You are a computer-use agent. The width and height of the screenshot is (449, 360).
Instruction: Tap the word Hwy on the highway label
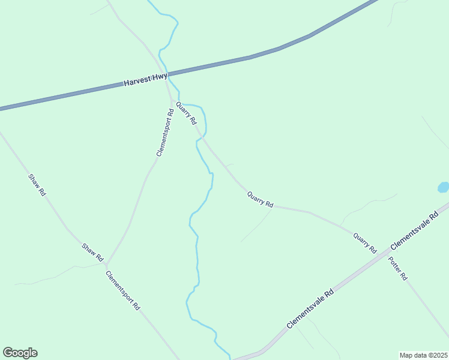point(160,77)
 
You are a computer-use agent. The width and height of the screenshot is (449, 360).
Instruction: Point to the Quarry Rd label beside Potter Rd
point(364,243)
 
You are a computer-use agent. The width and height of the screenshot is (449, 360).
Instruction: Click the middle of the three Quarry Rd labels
point(260,200)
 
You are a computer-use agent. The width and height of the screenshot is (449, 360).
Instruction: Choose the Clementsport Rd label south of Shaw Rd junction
point(122,290)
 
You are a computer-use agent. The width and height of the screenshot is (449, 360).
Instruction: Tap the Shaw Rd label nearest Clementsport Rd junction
point(93,251)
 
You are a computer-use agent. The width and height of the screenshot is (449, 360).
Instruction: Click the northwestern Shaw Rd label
point(37,185)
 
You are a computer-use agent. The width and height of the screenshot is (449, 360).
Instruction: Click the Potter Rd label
point(398,269)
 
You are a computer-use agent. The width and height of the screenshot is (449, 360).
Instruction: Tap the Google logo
point(20,353)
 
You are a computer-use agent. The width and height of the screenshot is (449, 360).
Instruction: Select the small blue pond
point(443,187)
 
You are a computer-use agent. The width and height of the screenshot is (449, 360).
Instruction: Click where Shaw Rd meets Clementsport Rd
point(106,263)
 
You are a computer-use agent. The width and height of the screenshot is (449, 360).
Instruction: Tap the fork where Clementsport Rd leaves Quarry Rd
point(172,100)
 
